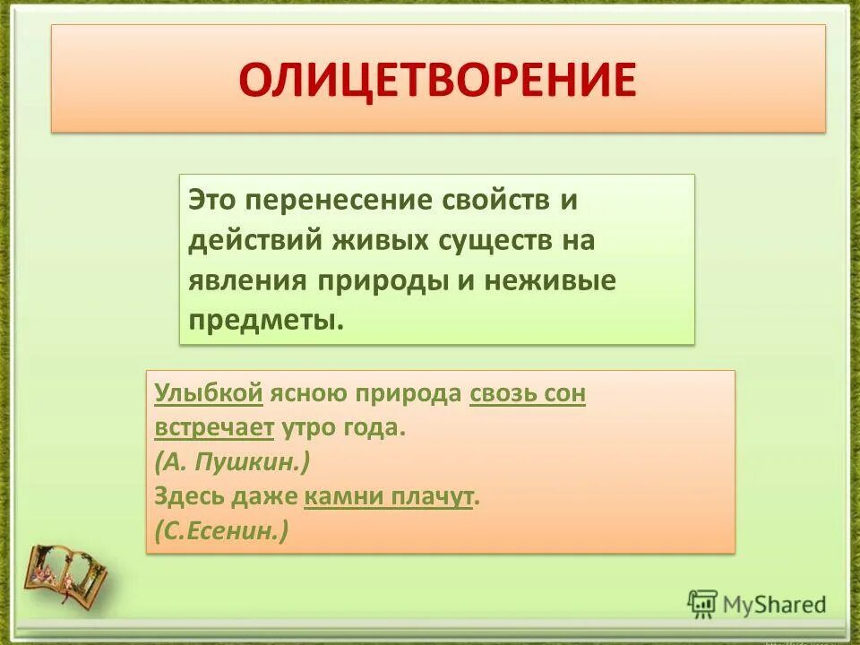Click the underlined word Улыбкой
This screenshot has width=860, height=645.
coord(208,393)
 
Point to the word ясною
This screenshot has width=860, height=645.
coord(313,393)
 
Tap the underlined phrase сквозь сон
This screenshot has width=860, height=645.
coord(528,393)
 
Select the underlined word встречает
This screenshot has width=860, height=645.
coord(213,427)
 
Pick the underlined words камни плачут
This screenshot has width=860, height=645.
coord(388,496)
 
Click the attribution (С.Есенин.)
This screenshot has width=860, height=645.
coord(221,530)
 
